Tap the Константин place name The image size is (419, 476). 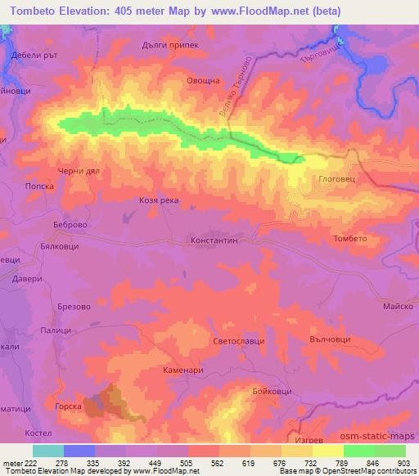[214, 242]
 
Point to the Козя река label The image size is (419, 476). [159, 200]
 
